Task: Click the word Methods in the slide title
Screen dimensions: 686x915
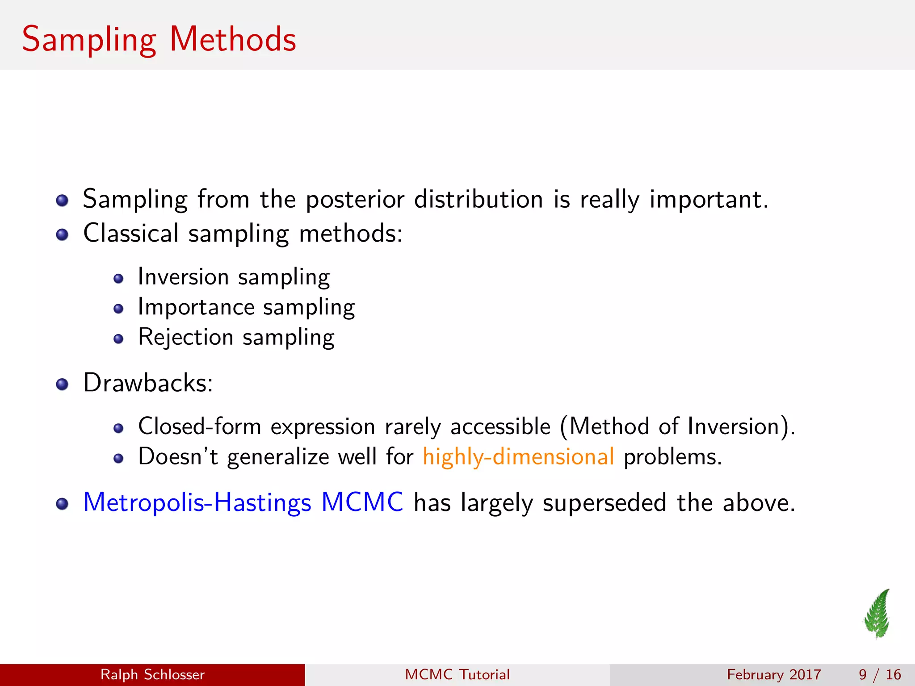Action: pos(233,39)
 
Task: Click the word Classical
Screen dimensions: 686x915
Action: pos(131,233)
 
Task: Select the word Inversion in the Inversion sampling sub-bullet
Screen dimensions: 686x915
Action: pos(183,276)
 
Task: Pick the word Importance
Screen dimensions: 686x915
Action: pos(196,307)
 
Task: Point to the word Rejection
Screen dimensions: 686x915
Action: pos(185,337)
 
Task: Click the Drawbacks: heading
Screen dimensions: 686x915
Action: pos(148,383)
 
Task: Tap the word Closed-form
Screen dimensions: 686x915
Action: pos(199,426)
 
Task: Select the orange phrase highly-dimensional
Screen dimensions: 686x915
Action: pos(518,456)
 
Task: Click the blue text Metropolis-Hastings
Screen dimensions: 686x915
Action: pos(197,502)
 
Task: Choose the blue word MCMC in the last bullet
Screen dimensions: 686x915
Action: pos(362,502)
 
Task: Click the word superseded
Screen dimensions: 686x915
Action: pos(604,503)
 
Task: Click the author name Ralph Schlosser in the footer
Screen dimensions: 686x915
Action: pos(152,674)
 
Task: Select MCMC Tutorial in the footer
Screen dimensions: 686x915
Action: pos(457,674)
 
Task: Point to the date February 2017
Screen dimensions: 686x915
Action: pos(774,674)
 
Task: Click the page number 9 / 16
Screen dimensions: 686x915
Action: pos(879,674)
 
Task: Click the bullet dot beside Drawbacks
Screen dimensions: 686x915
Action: pos(62,384)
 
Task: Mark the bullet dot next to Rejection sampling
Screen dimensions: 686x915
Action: pos(118,339)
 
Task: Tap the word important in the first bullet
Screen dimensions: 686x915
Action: pos(709,199)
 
